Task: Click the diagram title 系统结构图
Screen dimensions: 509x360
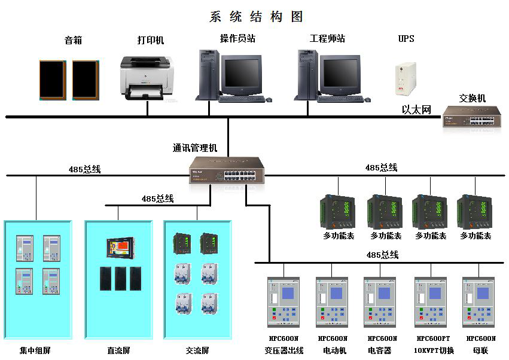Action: tap(256, 17)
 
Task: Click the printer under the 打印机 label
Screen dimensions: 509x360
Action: tap(147, 78)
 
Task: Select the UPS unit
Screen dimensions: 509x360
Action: tap(406, 79)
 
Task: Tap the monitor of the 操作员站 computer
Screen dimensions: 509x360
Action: tap(242, 75)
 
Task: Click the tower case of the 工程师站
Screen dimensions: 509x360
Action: tap(308, 75)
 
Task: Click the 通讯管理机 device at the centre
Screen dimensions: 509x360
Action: tap(227, 170)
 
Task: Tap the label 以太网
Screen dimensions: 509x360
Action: tap(416, 109)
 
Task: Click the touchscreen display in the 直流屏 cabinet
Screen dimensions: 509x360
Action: tap(120, 248)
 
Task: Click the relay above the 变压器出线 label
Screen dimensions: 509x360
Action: tap(284, 302)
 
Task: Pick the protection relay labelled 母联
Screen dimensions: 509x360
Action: tap(478, 302)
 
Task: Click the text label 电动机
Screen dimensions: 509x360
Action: tap(334, 350)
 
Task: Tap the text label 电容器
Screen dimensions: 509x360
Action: tap(379, 350)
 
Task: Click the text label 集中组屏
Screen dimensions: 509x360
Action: tap(35, 350)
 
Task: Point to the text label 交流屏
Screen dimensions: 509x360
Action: tap(197, 350)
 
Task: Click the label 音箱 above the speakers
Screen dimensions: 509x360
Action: tap(73, 40)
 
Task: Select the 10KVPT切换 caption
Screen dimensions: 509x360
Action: tap(434, 350)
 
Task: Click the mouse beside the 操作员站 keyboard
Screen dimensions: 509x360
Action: tap(269, 100)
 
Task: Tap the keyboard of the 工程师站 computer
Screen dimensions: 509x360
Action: tap(340, 99)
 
